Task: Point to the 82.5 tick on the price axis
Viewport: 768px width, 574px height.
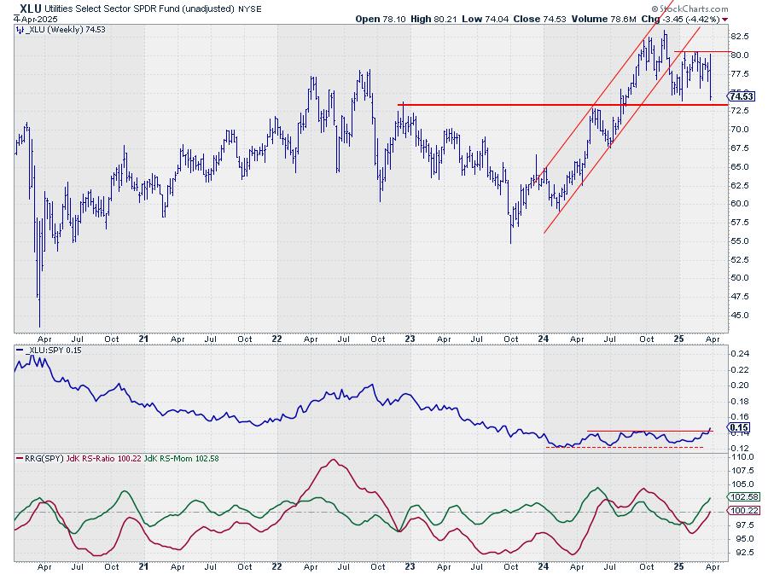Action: coord(738,37)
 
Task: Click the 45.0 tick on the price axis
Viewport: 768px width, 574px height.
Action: coord(738,315)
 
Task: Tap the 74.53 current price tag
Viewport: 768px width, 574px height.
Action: coord(740,96)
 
